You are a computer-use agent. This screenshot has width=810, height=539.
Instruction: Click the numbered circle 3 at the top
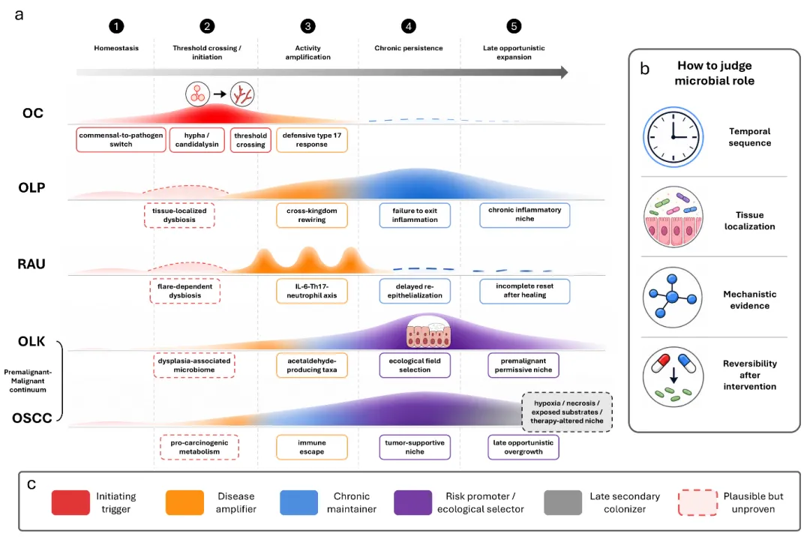click(x=308, y=26)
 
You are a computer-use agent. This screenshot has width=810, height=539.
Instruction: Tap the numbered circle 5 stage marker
click(x=514, y=26)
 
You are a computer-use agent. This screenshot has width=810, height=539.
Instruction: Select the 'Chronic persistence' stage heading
click(x=409, y=48)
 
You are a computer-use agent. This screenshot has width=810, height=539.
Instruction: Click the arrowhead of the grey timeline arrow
click(x=564, y=72)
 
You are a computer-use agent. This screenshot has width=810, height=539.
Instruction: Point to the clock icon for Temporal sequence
click(x=673, y=137)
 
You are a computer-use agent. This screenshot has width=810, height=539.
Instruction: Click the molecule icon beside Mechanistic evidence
click(x=673, y=298)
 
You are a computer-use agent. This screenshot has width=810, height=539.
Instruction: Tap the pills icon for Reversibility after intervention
click(x=673, y=377)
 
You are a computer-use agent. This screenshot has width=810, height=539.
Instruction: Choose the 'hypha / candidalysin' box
click(x=196, y=140)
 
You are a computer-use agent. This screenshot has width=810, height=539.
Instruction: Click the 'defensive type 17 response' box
click(x=312, y=140)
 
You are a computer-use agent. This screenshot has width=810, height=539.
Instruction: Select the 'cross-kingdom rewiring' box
click(x=312, y=215)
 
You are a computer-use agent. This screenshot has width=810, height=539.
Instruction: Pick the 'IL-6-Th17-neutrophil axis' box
click(x=312, y=291)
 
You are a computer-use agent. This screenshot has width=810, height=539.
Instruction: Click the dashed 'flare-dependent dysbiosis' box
click(x=185, y=291)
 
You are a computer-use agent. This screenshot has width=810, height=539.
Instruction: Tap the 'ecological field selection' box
click(x=415, y=366)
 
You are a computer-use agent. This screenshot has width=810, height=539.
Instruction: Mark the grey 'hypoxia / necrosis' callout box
click(x=567, y=412)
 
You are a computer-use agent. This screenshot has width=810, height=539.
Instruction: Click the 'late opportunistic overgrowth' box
click(x=523, y=447)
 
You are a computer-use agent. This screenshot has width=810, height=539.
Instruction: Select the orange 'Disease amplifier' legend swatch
click(x=184, y=502)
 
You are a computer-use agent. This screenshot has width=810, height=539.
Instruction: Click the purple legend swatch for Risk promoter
click(x=412, y=502)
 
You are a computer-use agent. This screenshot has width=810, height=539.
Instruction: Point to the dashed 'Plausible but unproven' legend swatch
click(x=698, y=502)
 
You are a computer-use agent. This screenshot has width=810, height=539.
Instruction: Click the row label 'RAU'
click(x=31, y=264)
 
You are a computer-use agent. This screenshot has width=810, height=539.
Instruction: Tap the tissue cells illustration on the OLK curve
click(x=428, y=331)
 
